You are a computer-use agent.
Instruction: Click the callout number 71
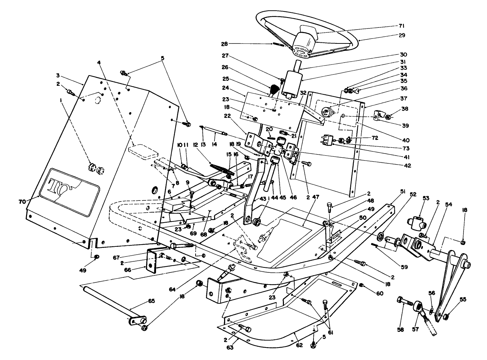tap(402, 26)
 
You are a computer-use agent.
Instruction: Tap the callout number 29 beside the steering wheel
tap(402, 35)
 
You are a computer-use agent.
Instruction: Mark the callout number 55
tap(463, 299)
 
